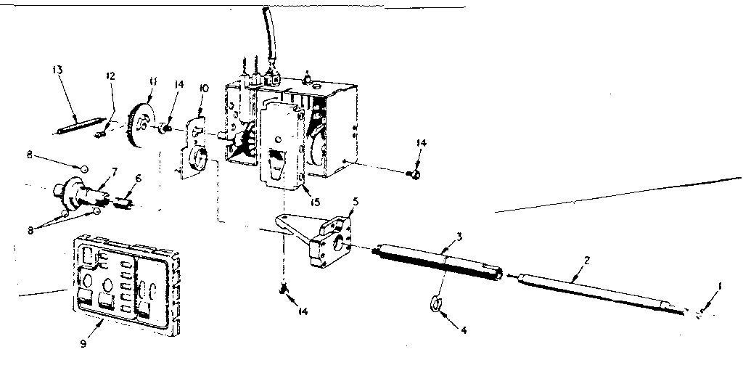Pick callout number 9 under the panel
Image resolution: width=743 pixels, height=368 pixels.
[x=83, y=343]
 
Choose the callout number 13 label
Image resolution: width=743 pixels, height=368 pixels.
[x=58, y=70]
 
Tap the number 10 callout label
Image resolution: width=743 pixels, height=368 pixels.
[x=204, y=88]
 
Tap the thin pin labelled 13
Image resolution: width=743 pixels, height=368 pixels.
[x=76, y=125]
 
